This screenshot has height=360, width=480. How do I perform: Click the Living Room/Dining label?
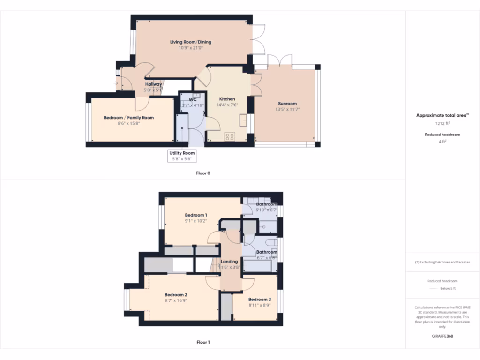click(190, 42)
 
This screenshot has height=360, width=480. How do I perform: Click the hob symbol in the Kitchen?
click(230, 136)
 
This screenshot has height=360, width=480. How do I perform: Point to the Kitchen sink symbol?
click(243, 120)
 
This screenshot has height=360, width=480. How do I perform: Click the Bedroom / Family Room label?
click(128, 118)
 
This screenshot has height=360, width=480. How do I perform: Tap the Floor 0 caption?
click(203, 173)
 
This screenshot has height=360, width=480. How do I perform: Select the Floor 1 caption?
click(203, 342)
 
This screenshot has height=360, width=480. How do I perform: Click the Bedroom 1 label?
click(196, 215)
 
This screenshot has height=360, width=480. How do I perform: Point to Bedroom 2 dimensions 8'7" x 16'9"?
click(176, 300)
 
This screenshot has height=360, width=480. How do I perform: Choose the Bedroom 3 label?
click(260, 300)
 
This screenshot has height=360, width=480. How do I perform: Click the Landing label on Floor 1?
click(229, 262)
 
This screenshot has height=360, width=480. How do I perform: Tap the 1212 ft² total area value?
click(442, 124)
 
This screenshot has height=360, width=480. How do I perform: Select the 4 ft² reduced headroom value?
click(442, 141)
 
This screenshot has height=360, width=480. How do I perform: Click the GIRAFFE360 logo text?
click(442, 336)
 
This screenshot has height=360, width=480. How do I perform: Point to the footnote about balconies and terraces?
click(442, 262)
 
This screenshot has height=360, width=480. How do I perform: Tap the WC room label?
click(193, 100)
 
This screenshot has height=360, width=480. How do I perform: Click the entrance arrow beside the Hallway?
click(116, 84)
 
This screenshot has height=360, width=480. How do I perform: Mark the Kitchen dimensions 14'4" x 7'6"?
click(227, 105)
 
